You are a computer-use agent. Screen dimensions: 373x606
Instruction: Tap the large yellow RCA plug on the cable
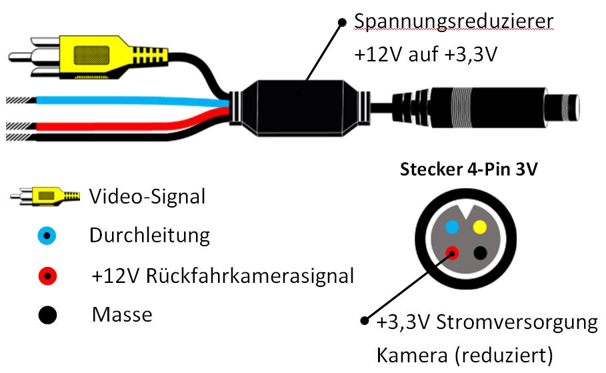93,53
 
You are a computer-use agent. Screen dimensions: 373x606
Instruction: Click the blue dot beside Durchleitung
47,236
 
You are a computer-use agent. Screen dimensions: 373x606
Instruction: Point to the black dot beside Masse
47,314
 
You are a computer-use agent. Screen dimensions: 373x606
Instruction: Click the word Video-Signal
147,196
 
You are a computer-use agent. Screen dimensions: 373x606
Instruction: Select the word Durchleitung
149,236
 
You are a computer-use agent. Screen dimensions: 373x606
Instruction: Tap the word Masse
123,314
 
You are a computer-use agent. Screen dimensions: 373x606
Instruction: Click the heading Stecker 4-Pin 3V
469,169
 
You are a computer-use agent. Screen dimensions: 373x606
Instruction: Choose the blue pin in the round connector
452,227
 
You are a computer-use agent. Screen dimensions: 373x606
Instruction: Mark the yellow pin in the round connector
479,227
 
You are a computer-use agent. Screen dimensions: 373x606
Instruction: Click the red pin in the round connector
453,253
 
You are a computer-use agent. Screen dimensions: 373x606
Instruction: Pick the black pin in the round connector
479,253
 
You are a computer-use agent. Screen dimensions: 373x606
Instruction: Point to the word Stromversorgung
517,323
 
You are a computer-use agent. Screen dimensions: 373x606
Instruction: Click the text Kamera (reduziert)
465,354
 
